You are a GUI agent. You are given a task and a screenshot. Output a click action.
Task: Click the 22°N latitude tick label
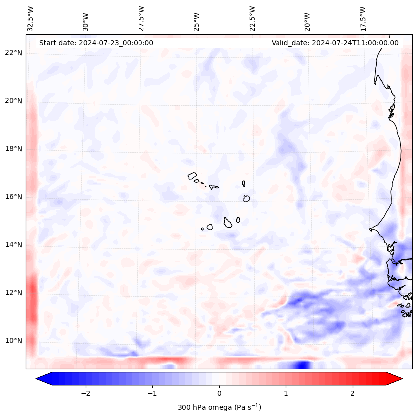point(14,53)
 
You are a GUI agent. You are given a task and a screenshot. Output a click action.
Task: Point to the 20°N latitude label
point(14,101)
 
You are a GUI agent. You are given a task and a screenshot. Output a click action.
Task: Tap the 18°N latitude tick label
point(14,149)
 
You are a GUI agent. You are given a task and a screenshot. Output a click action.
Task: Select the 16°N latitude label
point(14,197)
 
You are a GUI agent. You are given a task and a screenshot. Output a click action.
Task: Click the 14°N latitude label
point(14,245)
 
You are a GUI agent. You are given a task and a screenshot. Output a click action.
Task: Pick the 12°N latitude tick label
point(14,293)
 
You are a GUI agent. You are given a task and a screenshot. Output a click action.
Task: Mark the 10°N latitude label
point(14,341)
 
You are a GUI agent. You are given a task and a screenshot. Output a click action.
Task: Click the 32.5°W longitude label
point(31,18)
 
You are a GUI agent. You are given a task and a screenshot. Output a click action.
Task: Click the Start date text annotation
point(96,43)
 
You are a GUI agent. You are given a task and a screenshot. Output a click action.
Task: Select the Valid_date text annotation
point(335,43)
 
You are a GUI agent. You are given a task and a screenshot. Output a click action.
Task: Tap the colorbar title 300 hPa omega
point(219,407)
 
